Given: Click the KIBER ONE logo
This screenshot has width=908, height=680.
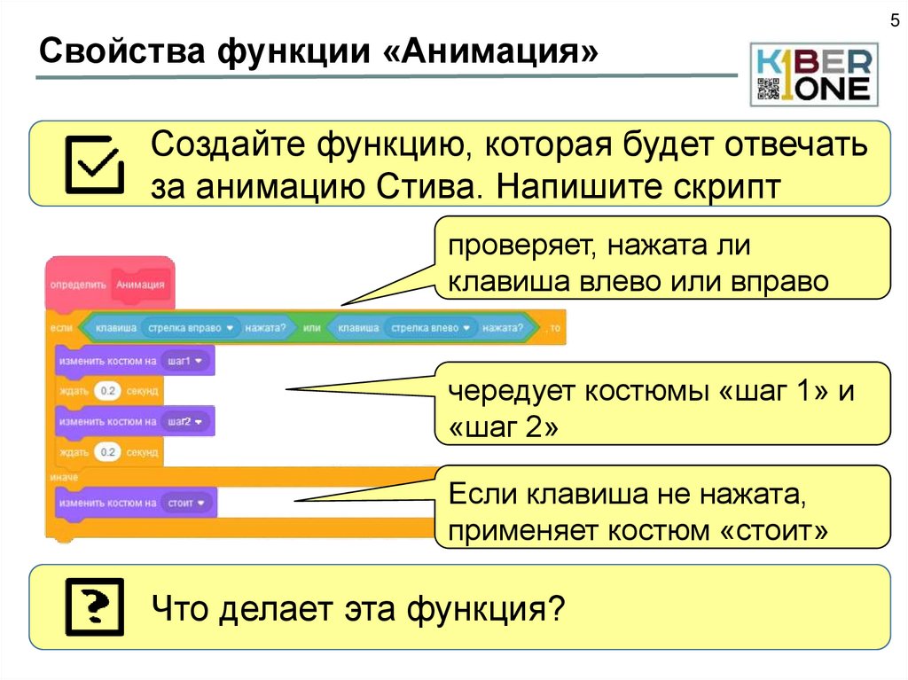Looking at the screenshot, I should tap(814, 74).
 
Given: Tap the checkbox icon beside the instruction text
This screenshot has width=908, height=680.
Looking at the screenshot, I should tap(93, 164).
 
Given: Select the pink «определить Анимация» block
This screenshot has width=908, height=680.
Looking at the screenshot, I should tap(109, 285).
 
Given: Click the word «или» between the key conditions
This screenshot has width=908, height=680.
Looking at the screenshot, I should tap(311, 328).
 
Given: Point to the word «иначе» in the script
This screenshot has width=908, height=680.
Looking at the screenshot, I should tap(65, 477).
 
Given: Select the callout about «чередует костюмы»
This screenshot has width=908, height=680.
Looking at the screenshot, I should tap(661, 403).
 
